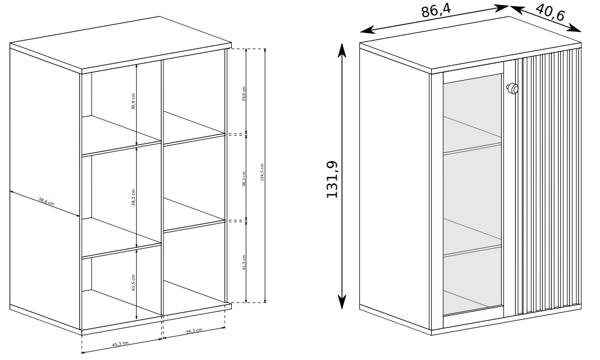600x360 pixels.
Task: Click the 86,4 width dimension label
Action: click(436, 10)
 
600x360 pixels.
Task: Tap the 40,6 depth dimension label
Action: click(550, 12)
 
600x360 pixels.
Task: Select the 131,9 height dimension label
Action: click(332, 179)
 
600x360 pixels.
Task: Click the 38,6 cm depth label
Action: click(46, 201)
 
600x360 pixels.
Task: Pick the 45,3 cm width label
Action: click(120, 344)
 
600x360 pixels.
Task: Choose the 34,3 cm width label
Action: click(194, 331)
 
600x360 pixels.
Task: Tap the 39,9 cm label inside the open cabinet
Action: click(133, 101)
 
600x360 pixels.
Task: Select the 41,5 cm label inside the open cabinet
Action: click(133, 283)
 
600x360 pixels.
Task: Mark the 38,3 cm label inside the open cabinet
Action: click(133, 198)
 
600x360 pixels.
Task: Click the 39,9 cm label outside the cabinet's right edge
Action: click(244, 94)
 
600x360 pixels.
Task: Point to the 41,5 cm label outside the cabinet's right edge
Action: click(244, 262)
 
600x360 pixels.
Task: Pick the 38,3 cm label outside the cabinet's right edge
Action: click(244, 179)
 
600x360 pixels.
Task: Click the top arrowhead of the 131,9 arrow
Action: click(342, 49)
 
